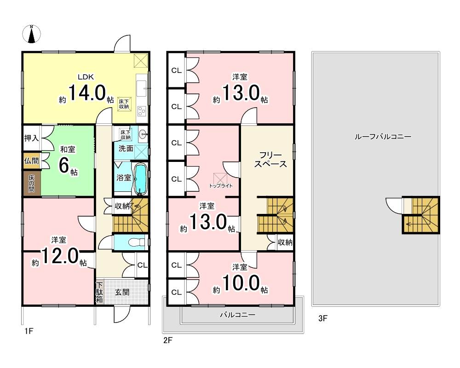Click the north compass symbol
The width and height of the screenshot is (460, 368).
click(32, 34)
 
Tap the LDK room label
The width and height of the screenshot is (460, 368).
click(86, 77)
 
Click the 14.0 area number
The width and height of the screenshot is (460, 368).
click(87, 93)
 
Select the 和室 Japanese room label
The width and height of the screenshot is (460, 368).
click(68, 149)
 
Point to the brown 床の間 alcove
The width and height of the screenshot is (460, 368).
click(32, 184)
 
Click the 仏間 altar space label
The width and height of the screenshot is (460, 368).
click(31, 161)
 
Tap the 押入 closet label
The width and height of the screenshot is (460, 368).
click(31, 138)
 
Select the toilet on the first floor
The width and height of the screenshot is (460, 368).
click(137, 242)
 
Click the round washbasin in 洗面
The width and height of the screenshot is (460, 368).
click(143, 135)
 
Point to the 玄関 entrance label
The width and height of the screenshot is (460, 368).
click(122, 292)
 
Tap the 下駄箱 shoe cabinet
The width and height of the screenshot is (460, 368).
click(100, 292)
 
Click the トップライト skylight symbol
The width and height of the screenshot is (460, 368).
click(220, 178)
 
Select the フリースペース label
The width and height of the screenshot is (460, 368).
click(270, 159)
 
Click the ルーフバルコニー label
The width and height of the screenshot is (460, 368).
click(383, 137)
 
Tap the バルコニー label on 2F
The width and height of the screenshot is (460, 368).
click(238, 315)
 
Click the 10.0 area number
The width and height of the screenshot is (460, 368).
click(241, 283)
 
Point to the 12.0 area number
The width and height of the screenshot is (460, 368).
click(60, 256)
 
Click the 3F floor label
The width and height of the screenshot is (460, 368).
click(323, 318)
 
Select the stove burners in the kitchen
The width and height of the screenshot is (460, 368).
click(142, 111)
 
